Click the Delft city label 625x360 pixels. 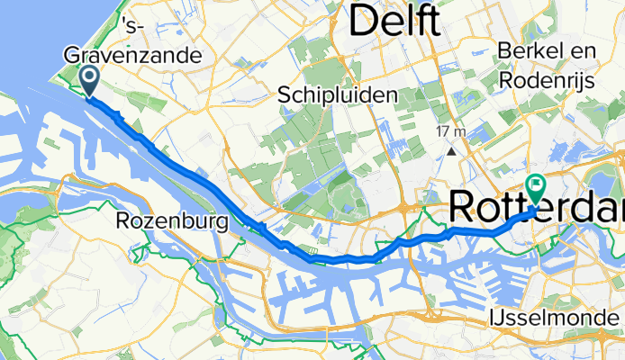click(395, 22)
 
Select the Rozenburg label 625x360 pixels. click(170, 220)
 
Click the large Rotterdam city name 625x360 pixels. click(536, 208)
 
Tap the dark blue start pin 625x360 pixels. click(91, 78)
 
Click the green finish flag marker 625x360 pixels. click(537, 188)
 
